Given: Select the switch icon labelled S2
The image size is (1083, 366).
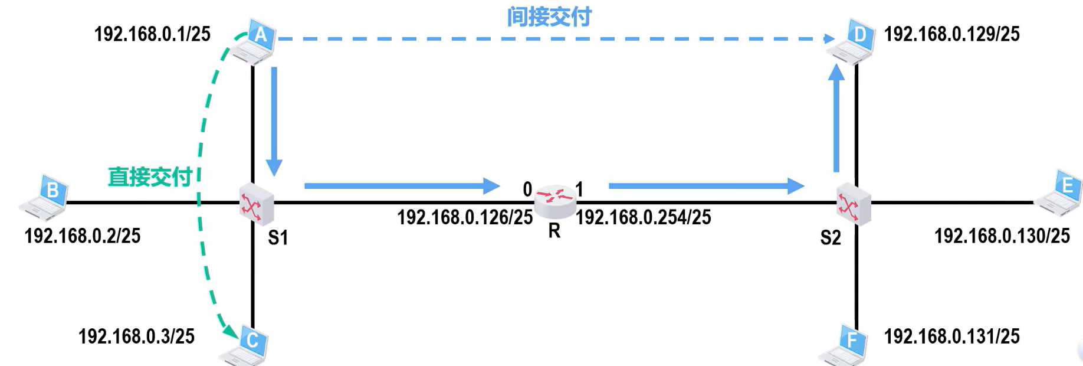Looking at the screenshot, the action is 853,204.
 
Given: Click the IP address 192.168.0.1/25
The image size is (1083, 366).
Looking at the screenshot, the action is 152,34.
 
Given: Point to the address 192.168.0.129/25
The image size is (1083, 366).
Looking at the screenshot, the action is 951,34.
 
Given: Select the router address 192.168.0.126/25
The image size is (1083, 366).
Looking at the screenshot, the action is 465,217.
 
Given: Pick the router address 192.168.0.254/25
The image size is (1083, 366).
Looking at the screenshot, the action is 644,217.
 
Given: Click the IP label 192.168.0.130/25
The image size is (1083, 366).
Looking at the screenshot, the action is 1002,236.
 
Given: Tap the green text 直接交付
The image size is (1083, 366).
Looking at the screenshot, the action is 150,177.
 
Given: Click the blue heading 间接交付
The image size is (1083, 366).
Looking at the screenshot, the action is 549,17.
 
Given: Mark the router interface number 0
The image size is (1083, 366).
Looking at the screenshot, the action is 527,189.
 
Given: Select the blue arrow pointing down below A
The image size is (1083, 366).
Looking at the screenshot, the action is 274,121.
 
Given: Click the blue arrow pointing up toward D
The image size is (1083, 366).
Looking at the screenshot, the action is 836,118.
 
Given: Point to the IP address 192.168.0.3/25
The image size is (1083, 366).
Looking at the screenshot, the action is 136,336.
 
